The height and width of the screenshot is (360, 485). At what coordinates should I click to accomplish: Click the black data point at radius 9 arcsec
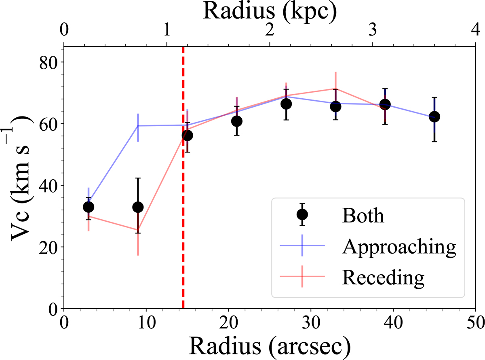(x=138, y=207)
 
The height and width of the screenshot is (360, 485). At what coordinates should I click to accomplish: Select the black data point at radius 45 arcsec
(x=434, y=116)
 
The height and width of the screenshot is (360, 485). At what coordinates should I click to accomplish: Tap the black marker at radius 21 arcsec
(x=237, y=121)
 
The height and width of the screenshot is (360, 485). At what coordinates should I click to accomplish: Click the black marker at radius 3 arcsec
(x=89, y=207)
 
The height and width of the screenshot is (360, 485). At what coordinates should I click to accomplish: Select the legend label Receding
(x=383, y=277)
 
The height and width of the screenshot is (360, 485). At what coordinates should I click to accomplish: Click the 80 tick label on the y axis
(x=48, y=63)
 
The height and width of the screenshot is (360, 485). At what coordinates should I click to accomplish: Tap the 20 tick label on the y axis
(x=48, y=248)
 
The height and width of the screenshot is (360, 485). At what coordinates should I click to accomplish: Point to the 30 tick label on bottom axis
(x=310, y=323)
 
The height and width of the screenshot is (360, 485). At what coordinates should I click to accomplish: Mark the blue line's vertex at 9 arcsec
(x=138, y=126)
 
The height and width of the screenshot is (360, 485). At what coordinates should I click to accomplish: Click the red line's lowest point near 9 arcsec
(x=138, y=230)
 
